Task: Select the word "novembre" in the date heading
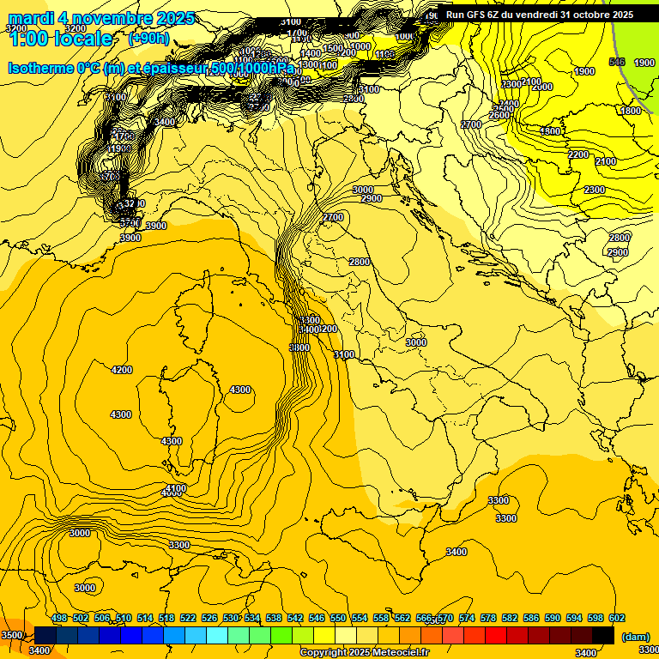[x=108, y=18]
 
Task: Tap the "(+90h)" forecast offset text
[x=148, y=39]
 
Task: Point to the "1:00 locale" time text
[x=60, y=39]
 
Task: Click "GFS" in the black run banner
[x=475, y=15]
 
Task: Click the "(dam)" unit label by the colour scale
[x=634, y=637]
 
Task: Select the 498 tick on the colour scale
[x=59, y=618]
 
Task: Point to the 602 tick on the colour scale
[x=617, y=618]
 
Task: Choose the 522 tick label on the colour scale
[x=188, y=618]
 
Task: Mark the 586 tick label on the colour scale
[x=531, y=618]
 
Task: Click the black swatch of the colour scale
[x=603, y=635]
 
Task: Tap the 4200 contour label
[x=122, y=370]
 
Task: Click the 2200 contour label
[x=578, y=155]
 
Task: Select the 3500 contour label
[x=12, y=635]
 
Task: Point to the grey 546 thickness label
[x=616, y=63]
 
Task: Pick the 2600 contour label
[x=499, y=116]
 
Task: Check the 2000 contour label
[x=542, y=88]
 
